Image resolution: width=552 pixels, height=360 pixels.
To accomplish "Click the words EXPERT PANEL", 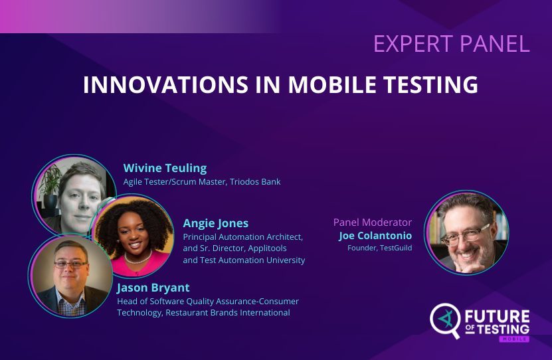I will click(x=451, y=43).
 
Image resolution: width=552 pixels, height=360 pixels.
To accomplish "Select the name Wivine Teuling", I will click(x=165, y=168).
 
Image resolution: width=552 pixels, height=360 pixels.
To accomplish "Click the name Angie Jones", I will click(x=215, y=223).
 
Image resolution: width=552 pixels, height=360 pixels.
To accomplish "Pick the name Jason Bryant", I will click(x=153, y=288).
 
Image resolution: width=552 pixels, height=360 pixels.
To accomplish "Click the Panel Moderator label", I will click(x=372, y=223).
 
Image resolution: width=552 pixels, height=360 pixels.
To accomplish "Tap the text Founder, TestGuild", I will click(x=379, y=248).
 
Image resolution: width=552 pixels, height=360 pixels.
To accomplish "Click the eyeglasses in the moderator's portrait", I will click(x=468, y=234).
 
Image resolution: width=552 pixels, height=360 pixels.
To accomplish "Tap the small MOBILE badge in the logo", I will click(x=514, y=339).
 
